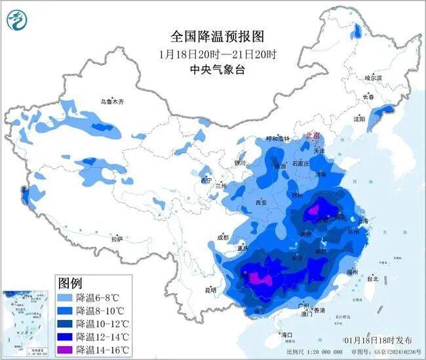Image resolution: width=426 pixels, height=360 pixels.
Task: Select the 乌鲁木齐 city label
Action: click(x=111, y=102)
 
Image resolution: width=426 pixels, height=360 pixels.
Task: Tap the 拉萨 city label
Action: click(x=117, y=239)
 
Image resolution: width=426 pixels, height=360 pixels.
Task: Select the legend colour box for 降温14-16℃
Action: click(x=65, y=350)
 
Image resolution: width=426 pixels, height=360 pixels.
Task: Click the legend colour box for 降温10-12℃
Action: click(x=65, y=323)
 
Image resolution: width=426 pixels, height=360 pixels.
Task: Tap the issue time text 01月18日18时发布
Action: click(x=379, y=340)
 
